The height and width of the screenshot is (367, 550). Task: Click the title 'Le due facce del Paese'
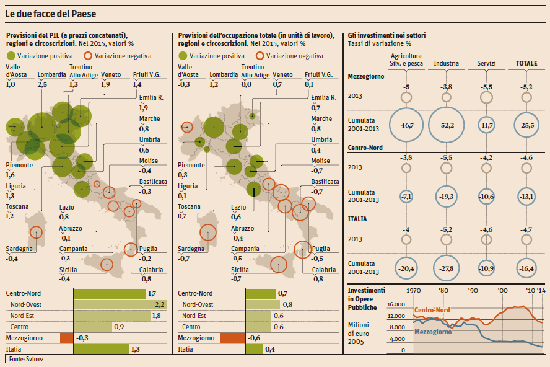click(51, 13)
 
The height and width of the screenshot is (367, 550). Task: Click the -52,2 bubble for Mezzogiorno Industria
click(446, 125)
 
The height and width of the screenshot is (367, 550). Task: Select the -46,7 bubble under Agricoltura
click(406, 125)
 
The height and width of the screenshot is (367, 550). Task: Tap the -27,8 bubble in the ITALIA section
click(446, 268)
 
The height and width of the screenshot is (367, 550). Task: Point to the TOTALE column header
click(527, 63)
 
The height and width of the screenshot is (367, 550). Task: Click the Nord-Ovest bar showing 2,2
click(121, 304)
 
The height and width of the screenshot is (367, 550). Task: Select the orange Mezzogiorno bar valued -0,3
click(67, 338)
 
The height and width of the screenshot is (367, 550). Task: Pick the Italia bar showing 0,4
click(253, 349)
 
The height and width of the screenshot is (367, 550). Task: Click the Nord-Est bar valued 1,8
click(112, 316)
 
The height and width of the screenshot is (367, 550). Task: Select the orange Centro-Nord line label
click(432, 310)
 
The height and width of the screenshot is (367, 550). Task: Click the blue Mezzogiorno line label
click(432, 332)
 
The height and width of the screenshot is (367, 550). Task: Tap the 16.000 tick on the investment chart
click(395, 304)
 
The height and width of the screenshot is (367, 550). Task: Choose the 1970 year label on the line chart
click(414, 290)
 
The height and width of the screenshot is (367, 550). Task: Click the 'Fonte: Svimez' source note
click(22, 359)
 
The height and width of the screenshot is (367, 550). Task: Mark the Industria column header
click(446, 63)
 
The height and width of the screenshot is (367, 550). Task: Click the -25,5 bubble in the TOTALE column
click(527, 125)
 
